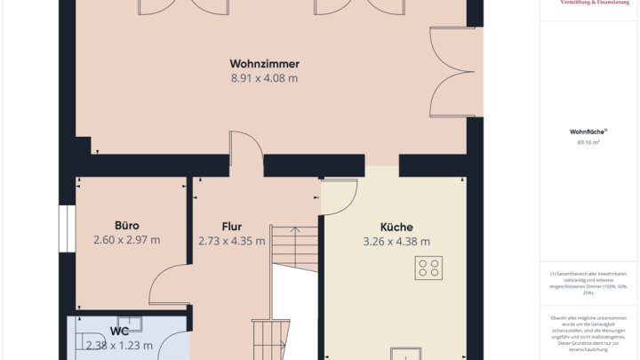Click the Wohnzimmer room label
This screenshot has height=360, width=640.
point(264,64)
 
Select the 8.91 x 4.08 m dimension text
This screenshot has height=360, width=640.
point(264,78)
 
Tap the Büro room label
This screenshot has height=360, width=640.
point(126,226)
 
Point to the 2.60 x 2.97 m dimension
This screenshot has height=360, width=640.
point(126,240)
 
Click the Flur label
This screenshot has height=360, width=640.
point(231,227)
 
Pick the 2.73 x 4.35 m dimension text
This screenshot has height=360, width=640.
point(231,241)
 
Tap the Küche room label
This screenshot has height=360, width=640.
point(396,227)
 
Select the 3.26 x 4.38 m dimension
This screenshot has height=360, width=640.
point(396,242)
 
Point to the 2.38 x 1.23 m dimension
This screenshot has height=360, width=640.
point(119,346)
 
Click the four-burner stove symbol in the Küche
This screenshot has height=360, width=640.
point(428,268)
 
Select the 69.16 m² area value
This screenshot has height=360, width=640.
point(588,142)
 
